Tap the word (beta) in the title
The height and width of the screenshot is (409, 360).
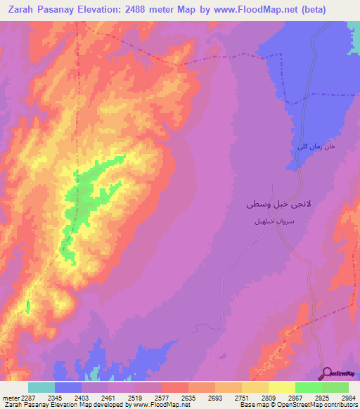[x=310, y=10]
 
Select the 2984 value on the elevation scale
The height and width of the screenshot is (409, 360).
[x=348, y=398]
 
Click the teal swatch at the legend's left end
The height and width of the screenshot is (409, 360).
[x=41, y=387]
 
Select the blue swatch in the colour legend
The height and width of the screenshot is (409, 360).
[x=68, y=387]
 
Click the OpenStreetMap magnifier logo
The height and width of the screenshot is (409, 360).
[x=326, y=373]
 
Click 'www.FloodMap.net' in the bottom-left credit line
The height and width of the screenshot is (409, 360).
[x=160, y=405]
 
